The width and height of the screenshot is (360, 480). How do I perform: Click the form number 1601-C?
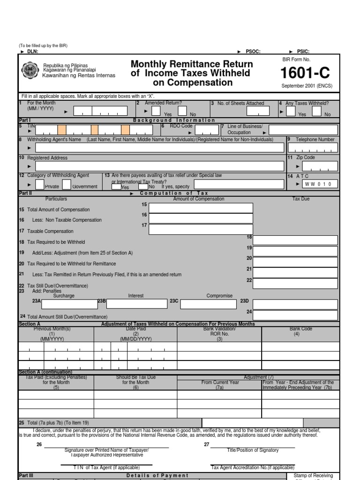click(305, 74)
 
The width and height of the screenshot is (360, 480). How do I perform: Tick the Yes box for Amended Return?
click(157, 111)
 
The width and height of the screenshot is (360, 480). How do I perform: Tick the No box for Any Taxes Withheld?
click(317, 111)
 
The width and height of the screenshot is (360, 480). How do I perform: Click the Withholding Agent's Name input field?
click(159, 148)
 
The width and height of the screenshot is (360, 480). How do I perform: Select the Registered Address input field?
click(159, 166)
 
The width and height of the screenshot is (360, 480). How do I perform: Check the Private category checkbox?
click(40, 184)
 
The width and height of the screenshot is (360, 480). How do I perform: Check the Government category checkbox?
click(67, 184)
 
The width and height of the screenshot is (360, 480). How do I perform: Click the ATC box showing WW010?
click(320, 184)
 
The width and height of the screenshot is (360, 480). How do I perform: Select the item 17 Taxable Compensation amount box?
click(201, 229)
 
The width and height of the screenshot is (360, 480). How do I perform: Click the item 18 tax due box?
click(295, 240)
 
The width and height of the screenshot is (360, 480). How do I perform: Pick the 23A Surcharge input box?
click(68, 304)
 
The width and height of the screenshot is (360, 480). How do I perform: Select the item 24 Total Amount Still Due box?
click(295, 315)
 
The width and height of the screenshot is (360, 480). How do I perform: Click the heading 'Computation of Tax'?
click(174, 193)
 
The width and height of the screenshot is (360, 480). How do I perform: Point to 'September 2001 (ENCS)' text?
click(304, 86)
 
